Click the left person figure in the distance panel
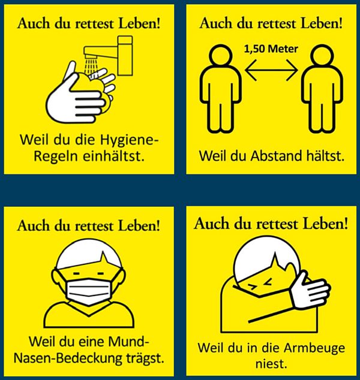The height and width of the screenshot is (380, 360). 218,87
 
